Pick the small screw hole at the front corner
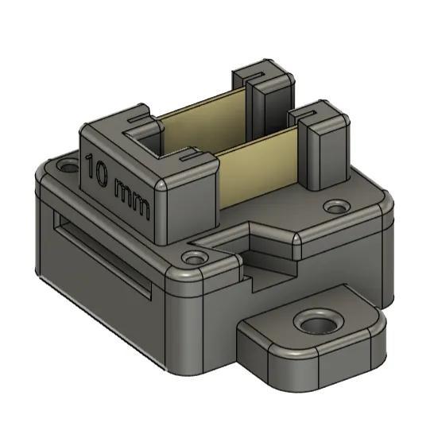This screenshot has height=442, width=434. coord(192,259)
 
